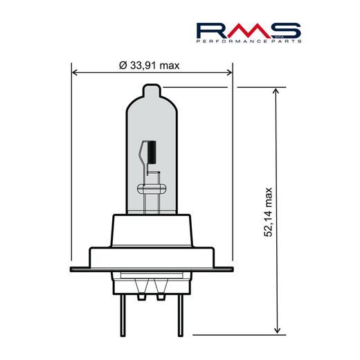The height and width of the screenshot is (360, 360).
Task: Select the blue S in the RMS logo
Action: [287, 30]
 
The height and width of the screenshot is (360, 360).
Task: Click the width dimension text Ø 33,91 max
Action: [150, 65]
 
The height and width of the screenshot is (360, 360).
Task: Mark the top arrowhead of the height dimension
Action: [276, 91]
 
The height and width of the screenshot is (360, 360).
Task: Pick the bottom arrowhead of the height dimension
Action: [276, 330]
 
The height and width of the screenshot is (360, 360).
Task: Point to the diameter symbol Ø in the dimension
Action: [123, 65]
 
